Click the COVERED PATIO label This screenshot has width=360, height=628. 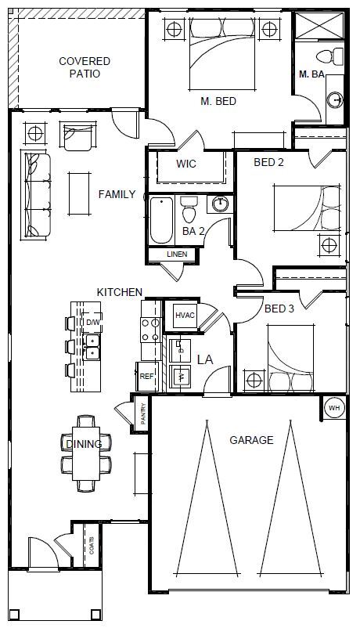[x=85, y=67]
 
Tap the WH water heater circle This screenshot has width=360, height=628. [x=334, y=408]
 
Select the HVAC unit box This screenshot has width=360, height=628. [x=185, y=315]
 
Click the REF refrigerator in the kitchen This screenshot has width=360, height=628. [x=146, y=377]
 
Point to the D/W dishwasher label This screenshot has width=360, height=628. [x=92, y=322]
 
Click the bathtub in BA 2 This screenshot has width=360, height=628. [x=160, y=222]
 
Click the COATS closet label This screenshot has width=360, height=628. [x=92, y=544]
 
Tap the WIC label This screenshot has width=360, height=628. [x=186, y=164]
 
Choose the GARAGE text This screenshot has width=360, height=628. [x=251, y=440]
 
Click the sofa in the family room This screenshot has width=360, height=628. [x=37, y=196]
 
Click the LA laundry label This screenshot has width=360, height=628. [x=205, y=359]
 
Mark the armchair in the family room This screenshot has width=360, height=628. [x=77, y=137]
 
